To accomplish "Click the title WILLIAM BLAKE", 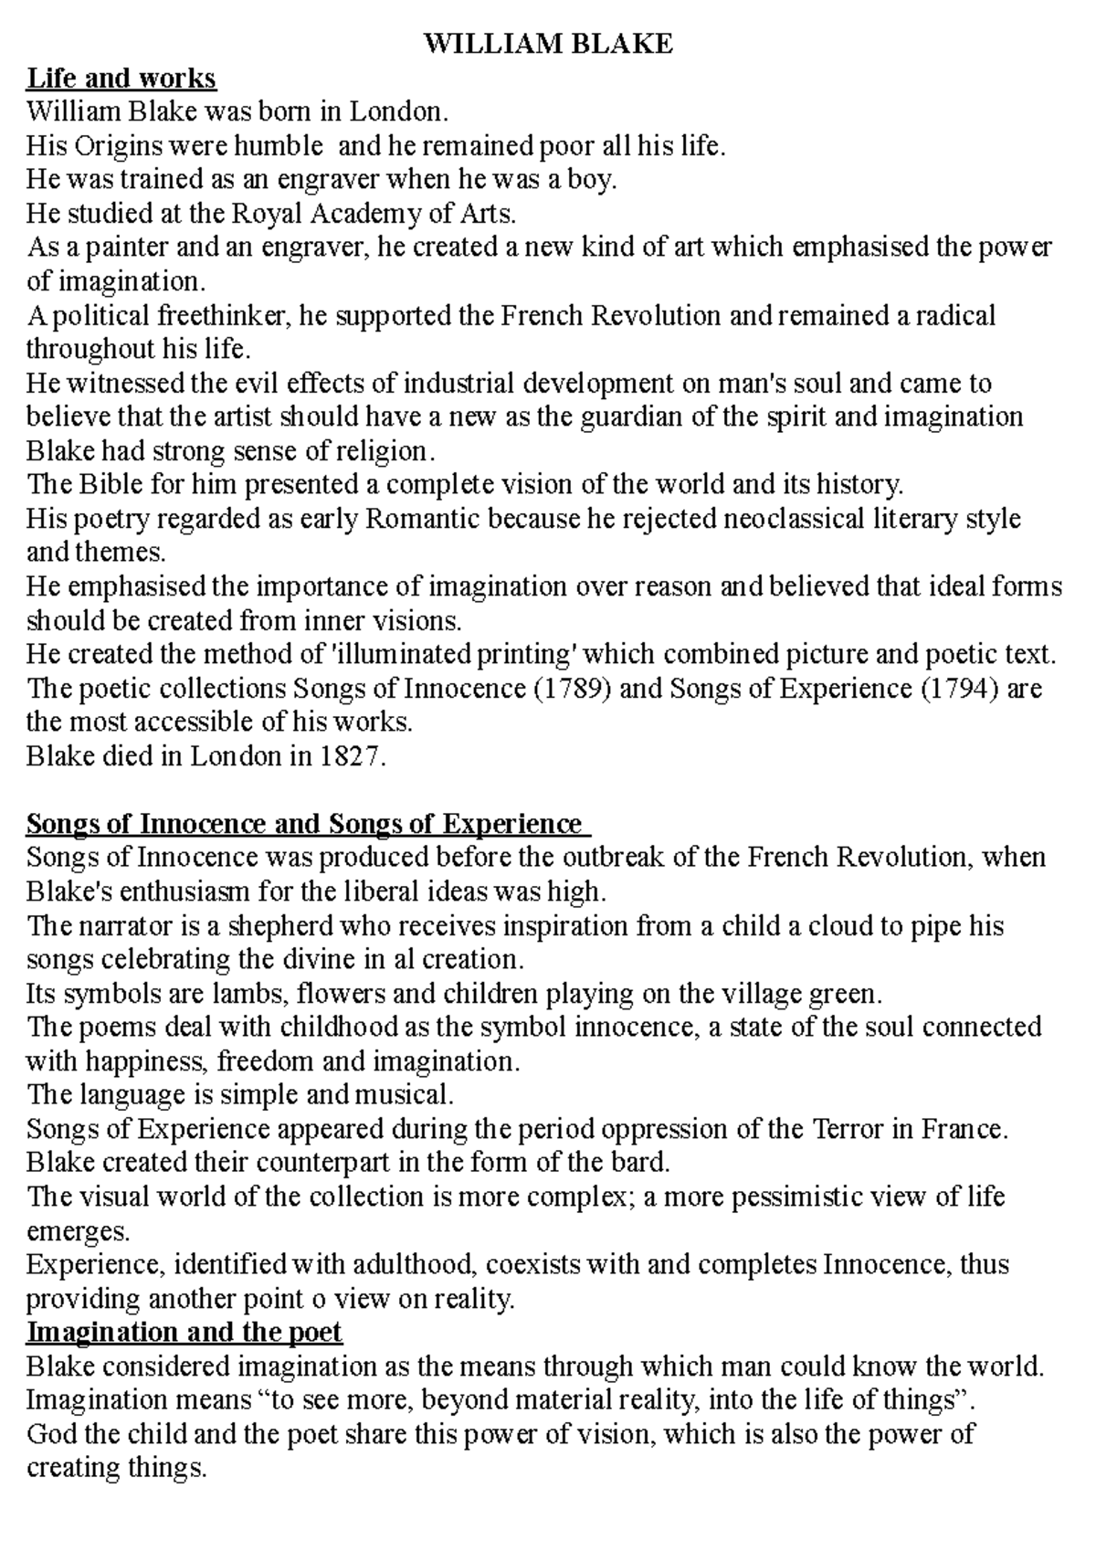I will click(x=548, y=44).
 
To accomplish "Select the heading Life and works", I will click(x=121, y=79).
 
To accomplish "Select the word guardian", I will click(x=624, y=417).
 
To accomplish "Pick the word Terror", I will click(x=849, y=1129).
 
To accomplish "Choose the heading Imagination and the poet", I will click(x=184, y=1332).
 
